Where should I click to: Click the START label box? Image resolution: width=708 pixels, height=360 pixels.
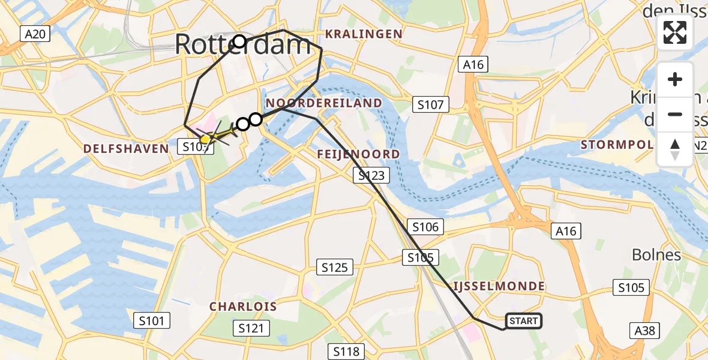click(523, 321)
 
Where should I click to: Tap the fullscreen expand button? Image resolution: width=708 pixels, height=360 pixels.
click(675, 33)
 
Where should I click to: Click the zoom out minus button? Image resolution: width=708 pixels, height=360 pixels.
click(675, 114)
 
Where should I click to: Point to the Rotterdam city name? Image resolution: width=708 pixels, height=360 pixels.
click(243, 46)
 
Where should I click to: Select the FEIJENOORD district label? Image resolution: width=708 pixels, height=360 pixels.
click(359, 154)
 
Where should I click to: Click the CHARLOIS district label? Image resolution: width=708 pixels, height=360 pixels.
click(243, 307)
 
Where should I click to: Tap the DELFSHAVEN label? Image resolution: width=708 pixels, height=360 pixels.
click(126, 148)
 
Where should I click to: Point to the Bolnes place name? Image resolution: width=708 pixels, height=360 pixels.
click(656, 255)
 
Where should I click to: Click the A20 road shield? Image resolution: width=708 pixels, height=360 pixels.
click(35, 34)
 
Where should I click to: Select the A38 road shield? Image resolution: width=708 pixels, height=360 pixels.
click(646, 330)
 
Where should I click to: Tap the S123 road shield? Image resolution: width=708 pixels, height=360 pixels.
click(371, 175)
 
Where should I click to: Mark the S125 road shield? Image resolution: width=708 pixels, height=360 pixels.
click(335, 267)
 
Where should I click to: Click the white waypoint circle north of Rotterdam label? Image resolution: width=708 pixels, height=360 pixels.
click(239, 41)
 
